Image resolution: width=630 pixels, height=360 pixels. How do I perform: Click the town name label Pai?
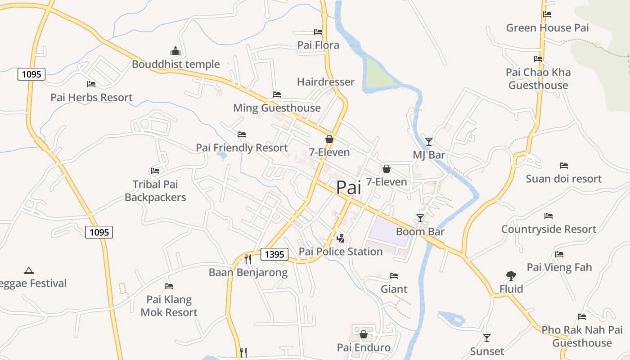click(x=348, y=188)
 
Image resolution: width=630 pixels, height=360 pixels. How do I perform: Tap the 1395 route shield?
click(x=274, y=255)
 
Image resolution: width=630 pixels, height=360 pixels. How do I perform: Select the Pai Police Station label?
click(x=341, y=252)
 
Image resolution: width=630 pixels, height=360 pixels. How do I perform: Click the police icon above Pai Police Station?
click(x=341, y=238)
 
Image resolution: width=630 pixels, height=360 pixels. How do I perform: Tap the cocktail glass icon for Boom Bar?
click(x=420, y=218)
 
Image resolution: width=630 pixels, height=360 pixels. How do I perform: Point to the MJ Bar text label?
click(x=429, y=155)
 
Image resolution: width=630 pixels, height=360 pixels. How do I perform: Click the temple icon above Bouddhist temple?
click(x=175, y=51)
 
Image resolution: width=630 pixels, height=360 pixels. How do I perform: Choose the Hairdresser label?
click(x=326, y=82)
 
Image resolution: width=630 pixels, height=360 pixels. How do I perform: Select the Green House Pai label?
click(x=547, y=28)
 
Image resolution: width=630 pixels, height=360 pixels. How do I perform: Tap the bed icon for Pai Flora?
click(x=318, y=32)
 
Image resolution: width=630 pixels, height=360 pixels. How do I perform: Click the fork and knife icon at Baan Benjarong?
click(x=247, y=259)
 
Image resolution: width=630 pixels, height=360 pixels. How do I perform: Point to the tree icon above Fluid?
click(x=511, y=275)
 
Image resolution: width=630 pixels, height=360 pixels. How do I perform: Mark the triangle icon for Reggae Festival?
click(x=29, y=270)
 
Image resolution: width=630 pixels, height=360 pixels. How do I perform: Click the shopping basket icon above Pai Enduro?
click(x=364, y=334)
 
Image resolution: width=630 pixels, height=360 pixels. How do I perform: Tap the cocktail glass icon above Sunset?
click(x=486, y=337)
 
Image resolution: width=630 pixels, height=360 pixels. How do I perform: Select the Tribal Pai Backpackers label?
click(x=155, y=191)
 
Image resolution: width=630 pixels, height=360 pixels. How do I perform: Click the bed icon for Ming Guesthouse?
click(x=277, y=94)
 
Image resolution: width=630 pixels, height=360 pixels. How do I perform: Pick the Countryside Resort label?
click(x=549, y=229)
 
